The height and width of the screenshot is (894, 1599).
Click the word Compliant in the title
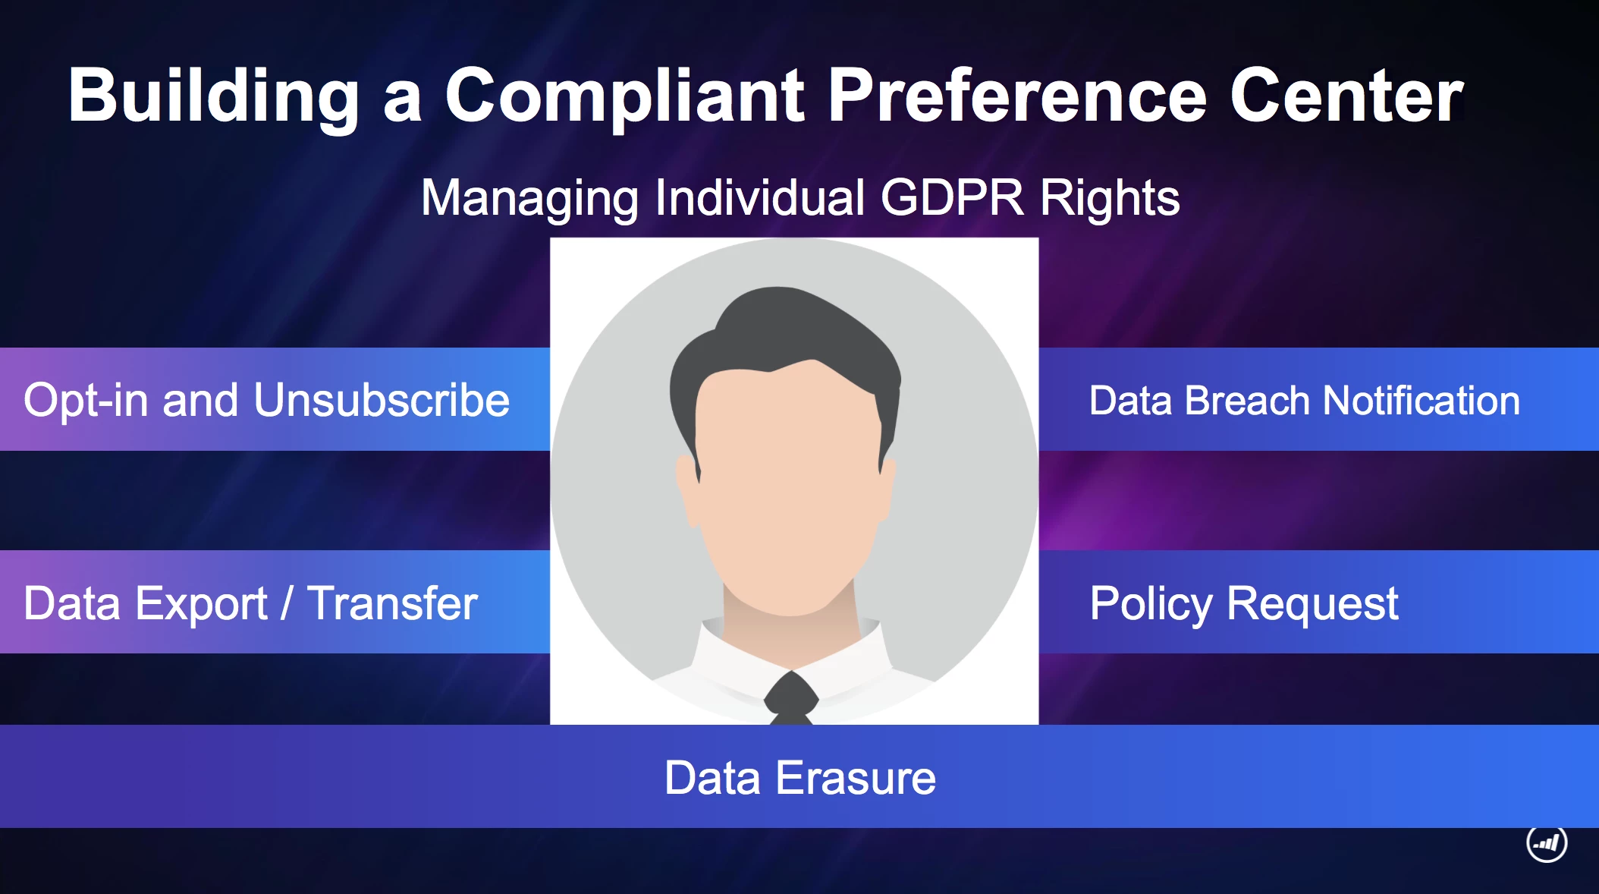[624, 96]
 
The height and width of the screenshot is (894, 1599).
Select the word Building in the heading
[213, 97]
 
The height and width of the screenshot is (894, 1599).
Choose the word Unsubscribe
[382, 400]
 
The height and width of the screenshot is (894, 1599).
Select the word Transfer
[392, 603]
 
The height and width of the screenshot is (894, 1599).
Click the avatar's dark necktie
[791, 698]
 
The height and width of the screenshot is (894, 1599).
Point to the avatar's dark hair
[785, 342]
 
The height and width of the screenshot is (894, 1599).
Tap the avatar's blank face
[787, 486]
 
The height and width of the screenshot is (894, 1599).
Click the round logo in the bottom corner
[1547, 842]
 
